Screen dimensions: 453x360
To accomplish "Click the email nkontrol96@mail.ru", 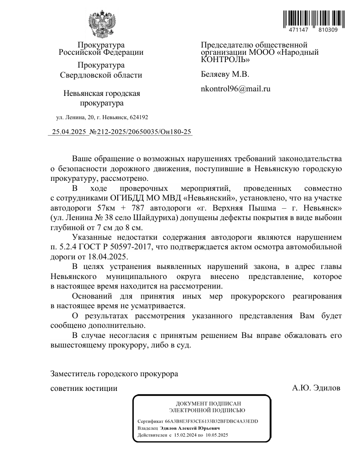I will tap(235, 89).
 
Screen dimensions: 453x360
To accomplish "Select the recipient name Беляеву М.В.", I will tap(225, 74).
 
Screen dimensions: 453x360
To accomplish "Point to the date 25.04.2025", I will tap(69, 132).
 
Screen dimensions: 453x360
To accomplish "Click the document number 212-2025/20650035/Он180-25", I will tap(144, 132).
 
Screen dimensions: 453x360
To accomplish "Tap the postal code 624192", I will tap(138, 117).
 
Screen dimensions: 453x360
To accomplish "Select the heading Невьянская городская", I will tap(101, 94).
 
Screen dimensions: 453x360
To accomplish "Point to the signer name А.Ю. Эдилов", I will tap(316, 389).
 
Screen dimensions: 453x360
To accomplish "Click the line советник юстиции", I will tap(83, 389).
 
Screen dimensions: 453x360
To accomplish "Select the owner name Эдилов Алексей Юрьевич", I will tap(190, 428).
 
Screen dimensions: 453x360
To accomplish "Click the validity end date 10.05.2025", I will tap(216, 436).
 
